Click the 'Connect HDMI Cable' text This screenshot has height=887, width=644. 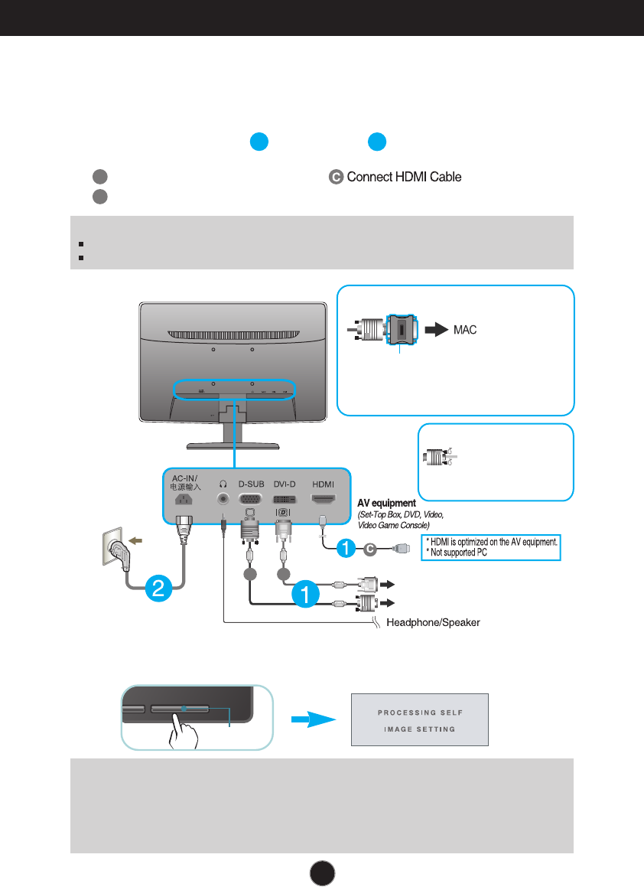404,177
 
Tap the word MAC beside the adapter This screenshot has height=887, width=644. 465,330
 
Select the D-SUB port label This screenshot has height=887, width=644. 251,484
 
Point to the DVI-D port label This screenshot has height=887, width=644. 285,484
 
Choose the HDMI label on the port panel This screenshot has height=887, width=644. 323,484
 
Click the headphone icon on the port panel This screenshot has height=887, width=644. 223,484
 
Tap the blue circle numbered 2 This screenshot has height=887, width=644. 158,588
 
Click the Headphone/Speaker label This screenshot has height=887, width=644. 433,622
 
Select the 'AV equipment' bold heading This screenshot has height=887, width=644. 386,503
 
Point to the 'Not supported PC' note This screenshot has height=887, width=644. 457,552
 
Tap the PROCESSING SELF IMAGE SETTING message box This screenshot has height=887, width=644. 420,719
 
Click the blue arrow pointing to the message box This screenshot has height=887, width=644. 314,719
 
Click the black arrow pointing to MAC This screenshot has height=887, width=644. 437,329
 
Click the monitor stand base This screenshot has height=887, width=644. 233,445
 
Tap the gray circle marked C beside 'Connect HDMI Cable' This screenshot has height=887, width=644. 336,177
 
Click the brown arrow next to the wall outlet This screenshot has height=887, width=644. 135,541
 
